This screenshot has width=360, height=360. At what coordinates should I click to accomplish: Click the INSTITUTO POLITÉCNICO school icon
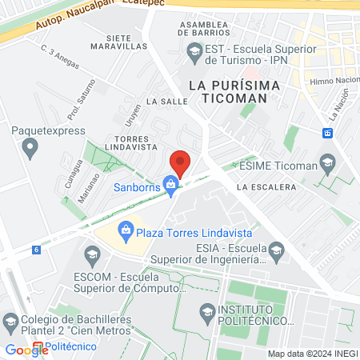207,311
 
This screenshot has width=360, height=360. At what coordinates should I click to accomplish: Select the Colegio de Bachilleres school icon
10,322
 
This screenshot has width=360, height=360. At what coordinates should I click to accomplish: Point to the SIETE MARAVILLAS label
130,43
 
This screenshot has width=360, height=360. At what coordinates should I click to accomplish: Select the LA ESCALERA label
266,186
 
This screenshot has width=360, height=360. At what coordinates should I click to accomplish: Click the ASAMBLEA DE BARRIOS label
211,29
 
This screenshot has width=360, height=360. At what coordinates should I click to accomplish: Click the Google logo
26,349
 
